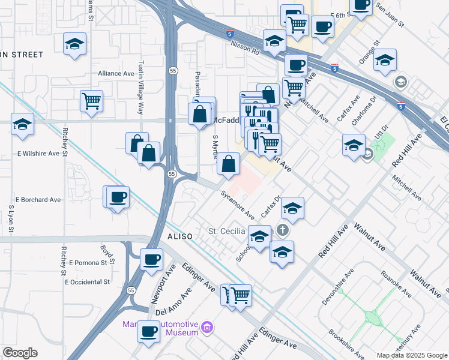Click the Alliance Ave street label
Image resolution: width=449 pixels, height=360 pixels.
[x=116, y=73]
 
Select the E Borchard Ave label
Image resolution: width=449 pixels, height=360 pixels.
[x=38, y=199]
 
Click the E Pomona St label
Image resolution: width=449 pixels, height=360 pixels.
[x=91, y=263]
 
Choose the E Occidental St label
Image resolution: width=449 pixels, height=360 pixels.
[x=88, y=281]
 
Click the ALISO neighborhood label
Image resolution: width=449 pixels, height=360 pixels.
[x=179, y=237]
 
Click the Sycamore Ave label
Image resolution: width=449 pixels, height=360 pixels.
[x=237, y=204]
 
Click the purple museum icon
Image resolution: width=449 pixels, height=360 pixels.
[x=208, y=328]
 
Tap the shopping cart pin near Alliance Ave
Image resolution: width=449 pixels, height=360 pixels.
[x=91, y=100]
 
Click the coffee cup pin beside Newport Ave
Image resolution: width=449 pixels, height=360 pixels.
[x=151, y=259]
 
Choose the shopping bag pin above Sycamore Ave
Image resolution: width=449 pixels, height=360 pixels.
[x=229, y=163]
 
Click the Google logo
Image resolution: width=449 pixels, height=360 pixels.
[x=20, y=353]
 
